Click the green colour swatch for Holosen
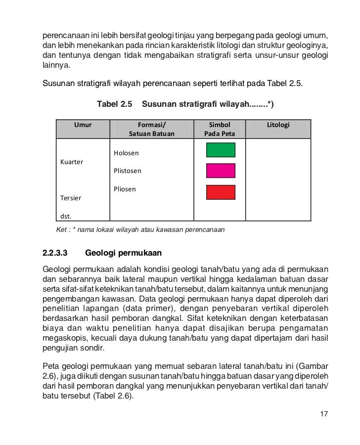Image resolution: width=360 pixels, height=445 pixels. coord(220,150)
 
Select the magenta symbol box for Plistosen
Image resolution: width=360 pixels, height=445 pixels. coord(220,171)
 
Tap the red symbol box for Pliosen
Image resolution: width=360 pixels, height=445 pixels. coord(220,192)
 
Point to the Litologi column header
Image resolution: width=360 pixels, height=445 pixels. coord(278,125)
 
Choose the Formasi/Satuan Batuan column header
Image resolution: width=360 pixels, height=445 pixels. coord(152,129)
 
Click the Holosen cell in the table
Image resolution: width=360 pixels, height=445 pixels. coord(126,153)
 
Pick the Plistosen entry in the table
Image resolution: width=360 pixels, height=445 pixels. coord(128,171)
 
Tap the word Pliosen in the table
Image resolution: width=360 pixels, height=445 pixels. coord(125,189)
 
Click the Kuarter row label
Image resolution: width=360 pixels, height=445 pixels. coord(72,162)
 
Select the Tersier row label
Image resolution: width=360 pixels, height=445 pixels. coord(71,198)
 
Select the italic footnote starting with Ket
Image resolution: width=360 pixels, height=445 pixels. coord(140,230)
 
